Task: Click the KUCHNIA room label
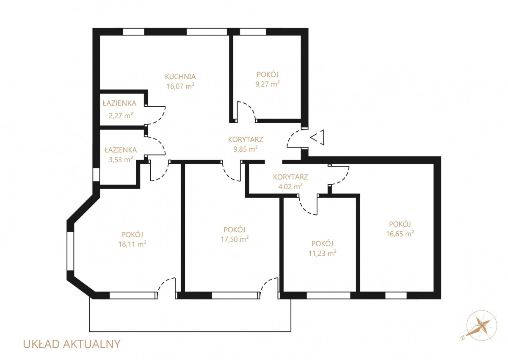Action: [x=180, y=76]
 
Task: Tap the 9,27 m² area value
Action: [x=268, y=84]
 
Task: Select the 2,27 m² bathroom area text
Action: [x=121, y=116]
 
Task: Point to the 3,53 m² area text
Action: [x=121, y=160]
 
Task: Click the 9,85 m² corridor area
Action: [x=246, y=149]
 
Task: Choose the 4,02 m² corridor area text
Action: [x=290, y=186]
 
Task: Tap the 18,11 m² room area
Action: [x=132, y=244]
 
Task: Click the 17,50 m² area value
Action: [x=235, y=239]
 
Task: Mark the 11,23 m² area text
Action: [x=322, y=253]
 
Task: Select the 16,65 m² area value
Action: [x=400, y=234]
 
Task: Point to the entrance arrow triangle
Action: [x=317, y=138]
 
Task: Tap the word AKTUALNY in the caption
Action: [x=91, y=344]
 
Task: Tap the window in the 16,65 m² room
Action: [x=396, y=296]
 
